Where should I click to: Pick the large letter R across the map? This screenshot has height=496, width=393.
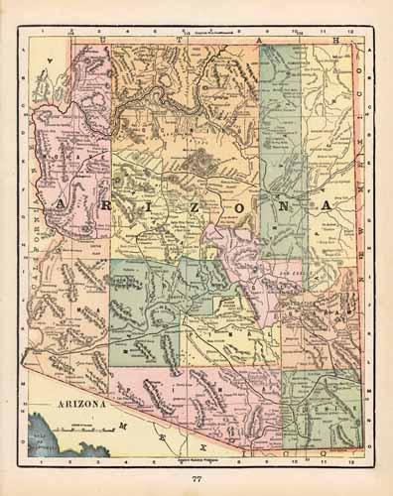point(112,204)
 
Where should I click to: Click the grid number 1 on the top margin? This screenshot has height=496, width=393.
point(40,30)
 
